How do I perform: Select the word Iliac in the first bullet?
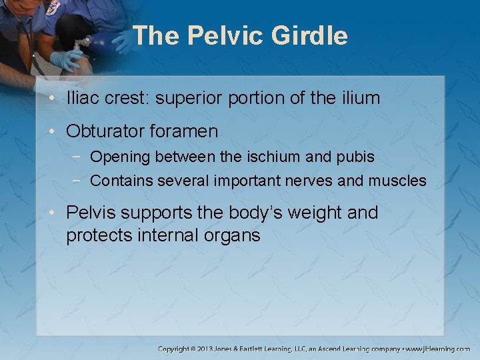click(x=82, y=98)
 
